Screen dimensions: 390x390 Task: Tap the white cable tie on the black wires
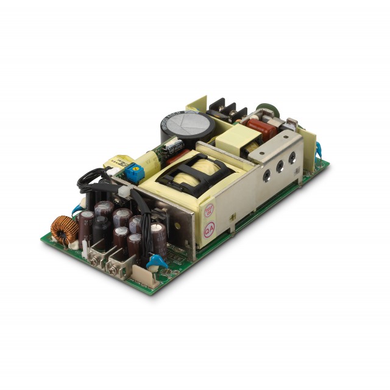(x=124, y=191)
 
